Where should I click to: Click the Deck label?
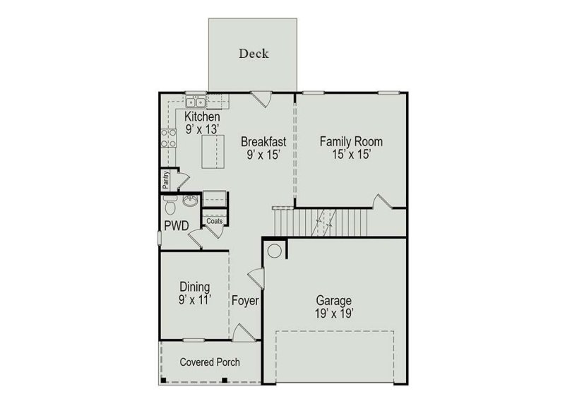254,54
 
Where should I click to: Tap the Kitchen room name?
202,117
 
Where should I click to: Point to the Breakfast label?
263,141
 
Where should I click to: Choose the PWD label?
177,227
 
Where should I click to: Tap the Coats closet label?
215,221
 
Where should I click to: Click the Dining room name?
194,287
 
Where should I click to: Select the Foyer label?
245,301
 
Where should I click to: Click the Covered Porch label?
210,362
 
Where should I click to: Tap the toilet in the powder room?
169,206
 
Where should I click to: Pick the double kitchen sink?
195,102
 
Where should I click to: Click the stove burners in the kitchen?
169,137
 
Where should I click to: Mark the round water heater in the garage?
274,250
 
